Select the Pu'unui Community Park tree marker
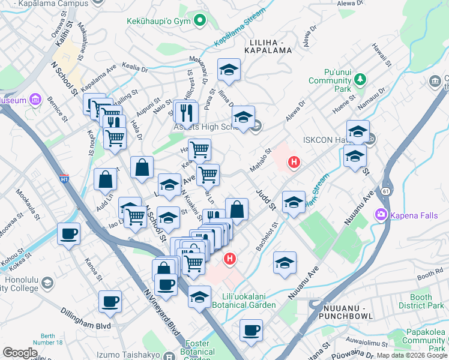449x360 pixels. [x=360, y=79]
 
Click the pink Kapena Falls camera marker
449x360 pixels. [x=381, y=214]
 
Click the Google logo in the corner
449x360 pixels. [x=20, y=352]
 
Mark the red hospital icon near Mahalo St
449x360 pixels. [x=294, y=161]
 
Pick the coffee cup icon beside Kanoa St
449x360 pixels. [x=68, y=233]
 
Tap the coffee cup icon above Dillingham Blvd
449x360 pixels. [x=110, y=302]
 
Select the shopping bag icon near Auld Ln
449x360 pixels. [x=105, y=179]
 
